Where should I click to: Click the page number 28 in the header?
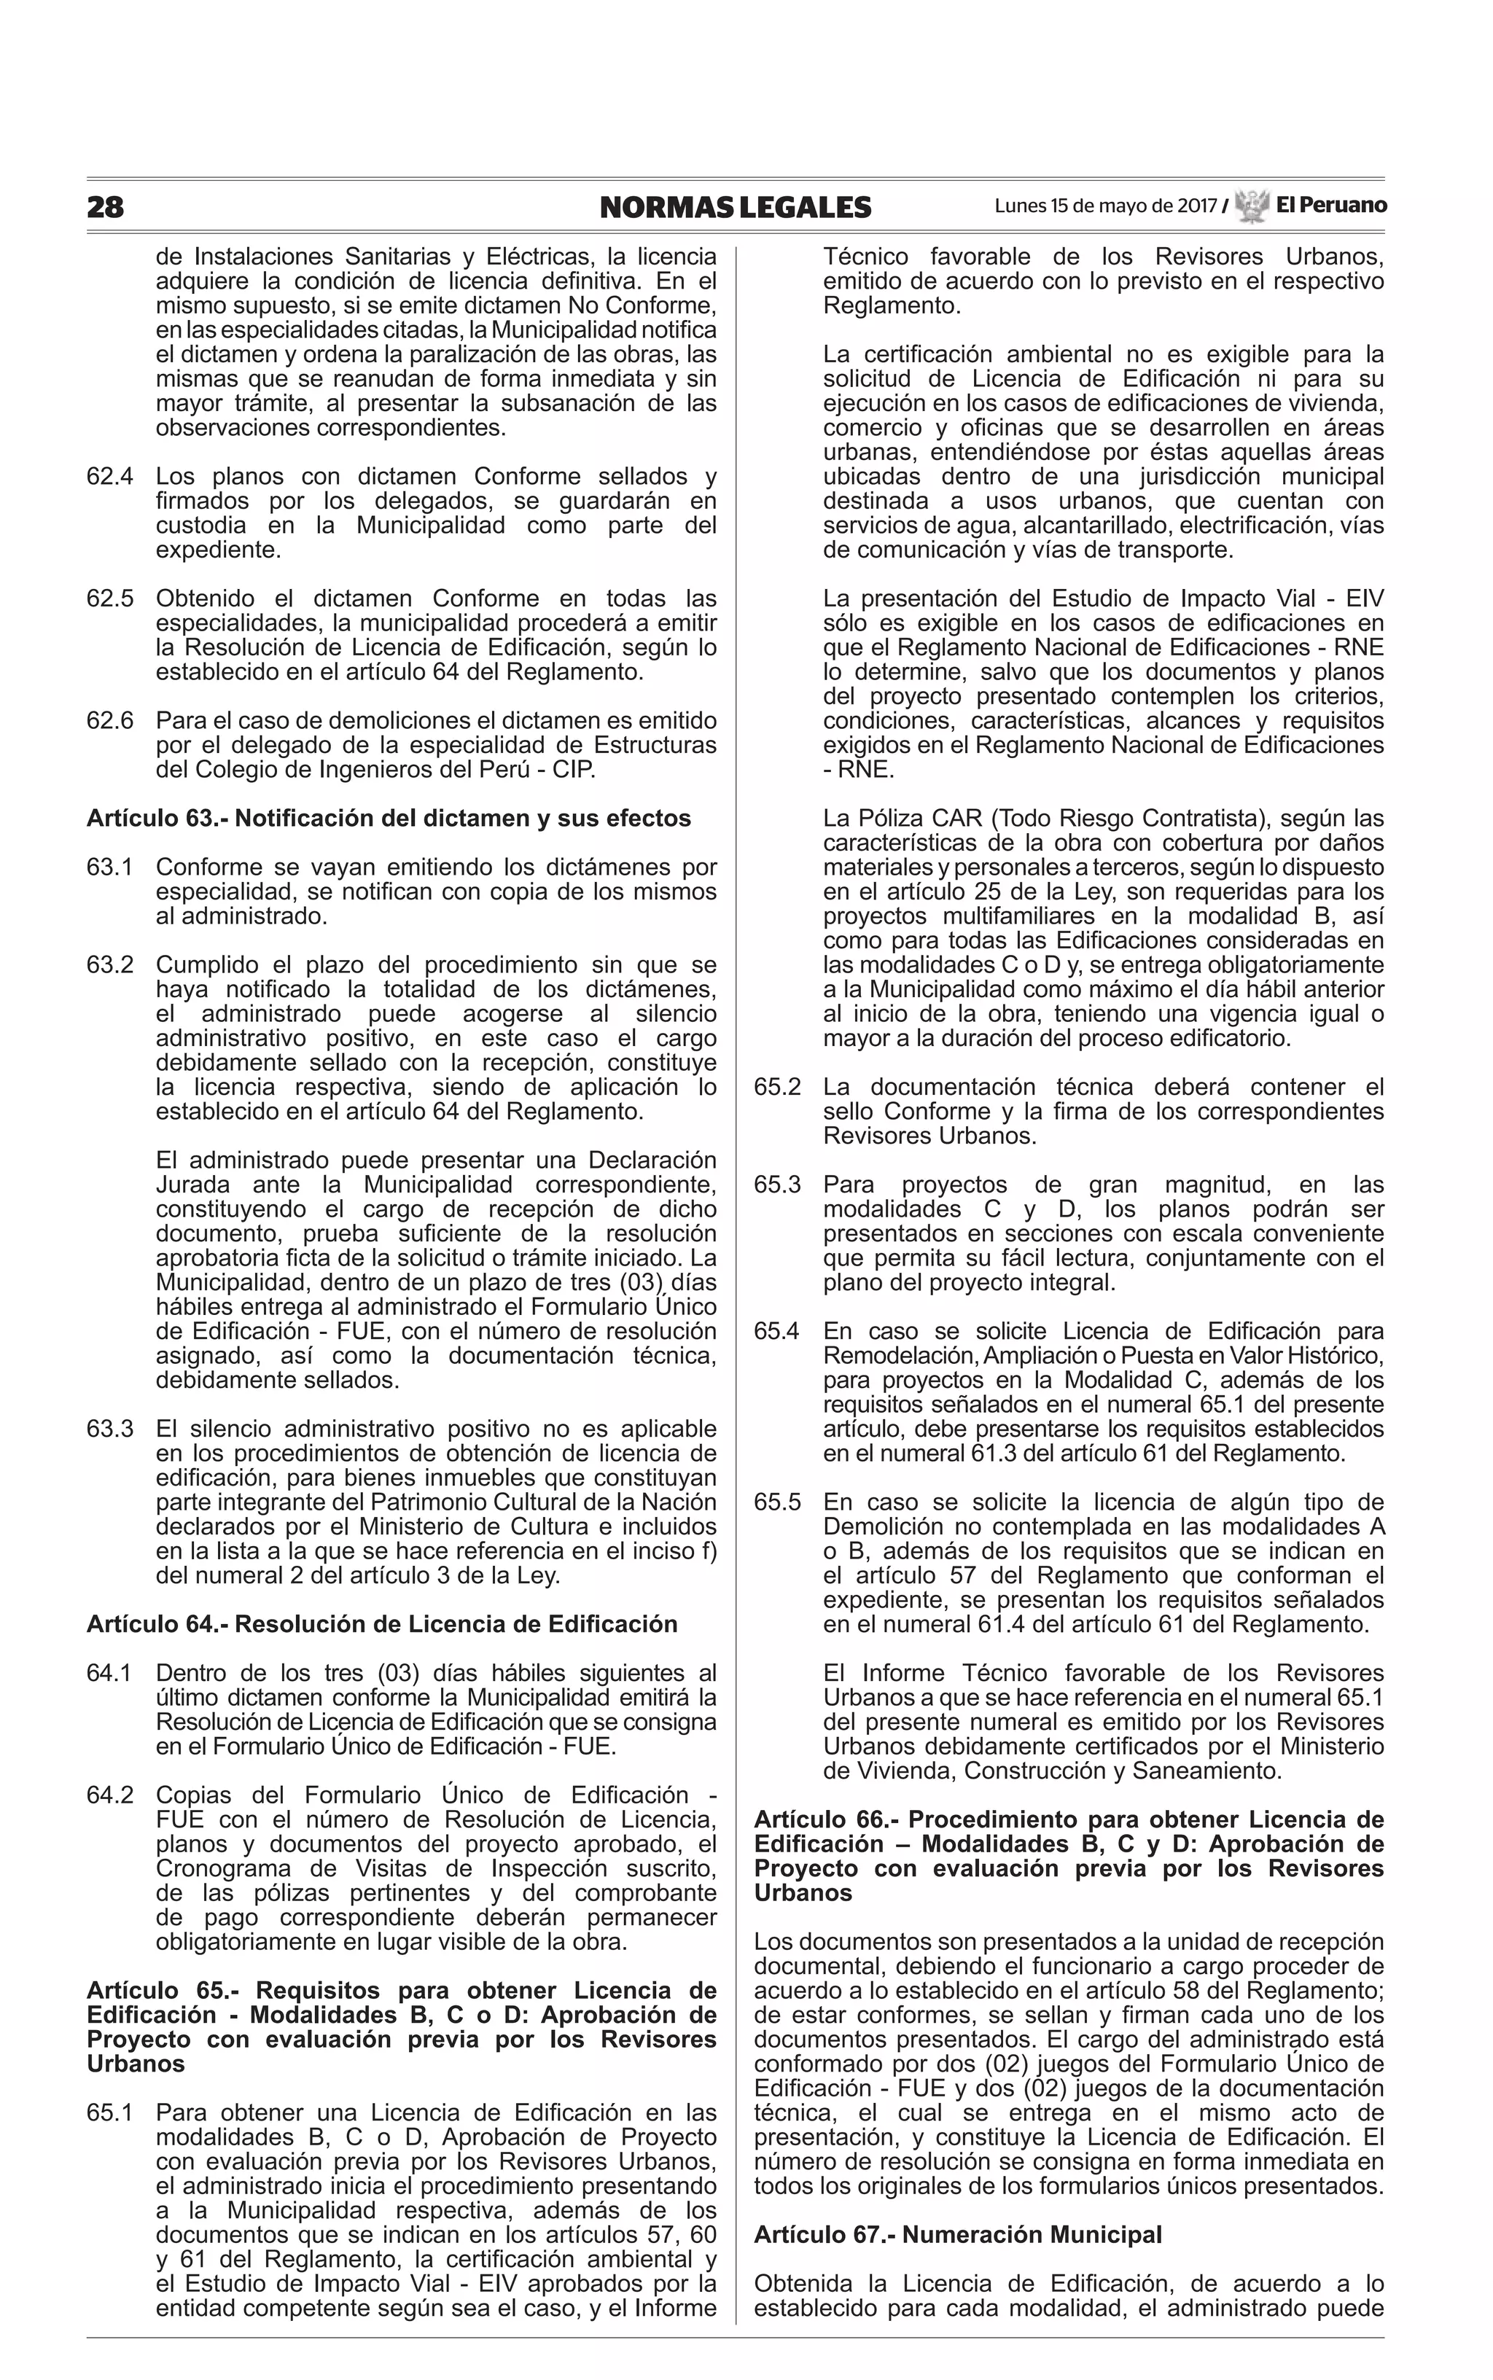pos(106,207)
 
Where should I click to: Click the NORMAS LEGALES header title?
pos(735,207)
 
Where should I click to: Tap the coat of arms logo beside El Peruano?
pos(1251,206)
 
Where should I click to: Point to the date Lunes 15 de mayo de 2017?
pos(1105,206)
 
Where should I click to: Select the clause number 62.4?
pos(109,477)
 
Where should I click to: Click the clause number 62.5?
pos(109,599)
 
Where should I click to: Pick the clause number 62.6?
pos(109,721)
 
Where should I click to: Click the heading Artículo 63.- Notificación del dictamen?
pos(388,819)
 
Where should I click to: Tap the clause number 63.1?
pos(109,867)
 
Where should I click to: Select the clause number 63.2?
pos(109,964)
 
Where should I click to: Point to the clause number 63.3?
pos(109,1429)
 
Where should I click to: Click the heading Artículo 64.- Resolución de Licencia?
pos(381,1624)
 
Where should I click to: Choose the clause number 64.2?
pos(109,1795)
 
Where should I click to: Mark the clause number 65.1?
pos(109,2112)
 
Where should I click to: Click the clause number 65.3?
pos(777,1185)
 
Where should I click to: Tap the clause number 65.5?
pos(777,1502)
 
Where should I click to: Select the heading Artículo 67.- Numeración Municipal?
pos(957,2234)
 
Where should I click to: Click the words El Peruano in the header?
pos(1330,206)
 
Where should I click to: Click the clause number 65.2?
pos(777,1087)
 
